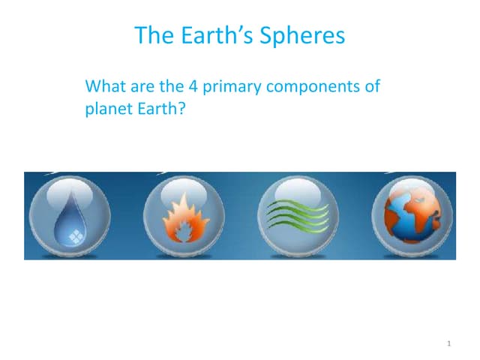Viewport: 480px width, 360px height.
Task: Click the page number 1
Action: click(x=448, y=343)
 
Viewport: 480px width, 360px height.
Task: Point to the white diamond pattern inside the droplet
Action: click(x=76, y=235)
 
